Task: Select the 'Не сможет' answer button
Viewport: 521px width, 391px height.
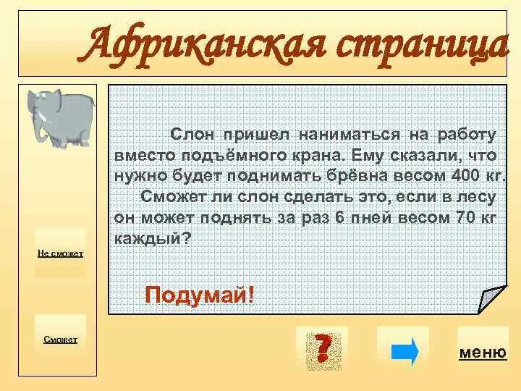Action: pos(62,253)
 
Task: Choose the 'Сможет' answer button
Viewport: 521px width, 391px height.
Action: pos(61,339)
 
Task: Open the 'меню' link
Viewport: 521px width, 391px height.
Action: pos(482,353)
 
